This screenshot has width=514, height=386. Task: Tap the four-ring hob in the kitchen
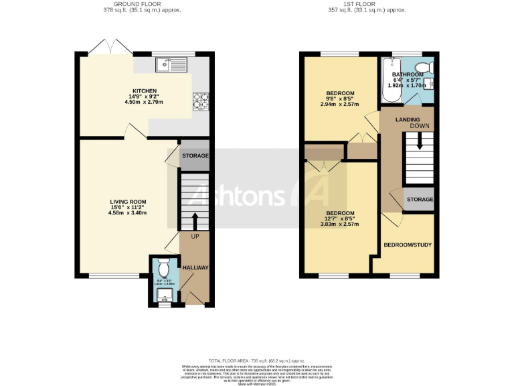pos(201,101)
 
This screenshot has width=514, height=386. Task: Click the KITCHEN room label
pos(145,90)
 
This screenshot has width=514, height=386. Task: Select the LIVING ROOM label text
pos(128,202)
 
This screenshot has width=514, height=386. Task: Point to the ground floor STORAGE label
pos(195,155)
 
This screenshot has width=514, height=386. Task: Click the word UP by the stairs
pos(195,237)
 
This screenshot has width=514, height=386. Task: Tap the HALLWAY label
pos(196,268)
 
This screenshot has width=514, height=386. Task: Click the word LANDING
pos(408,119)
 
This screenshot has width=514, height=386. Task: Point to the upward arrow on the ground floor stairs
pos(195,220)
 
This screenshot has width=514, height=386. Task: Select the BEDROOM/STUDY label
pos(408,245)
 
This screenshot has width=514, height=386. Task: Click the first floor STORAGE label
pos(420,200)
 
